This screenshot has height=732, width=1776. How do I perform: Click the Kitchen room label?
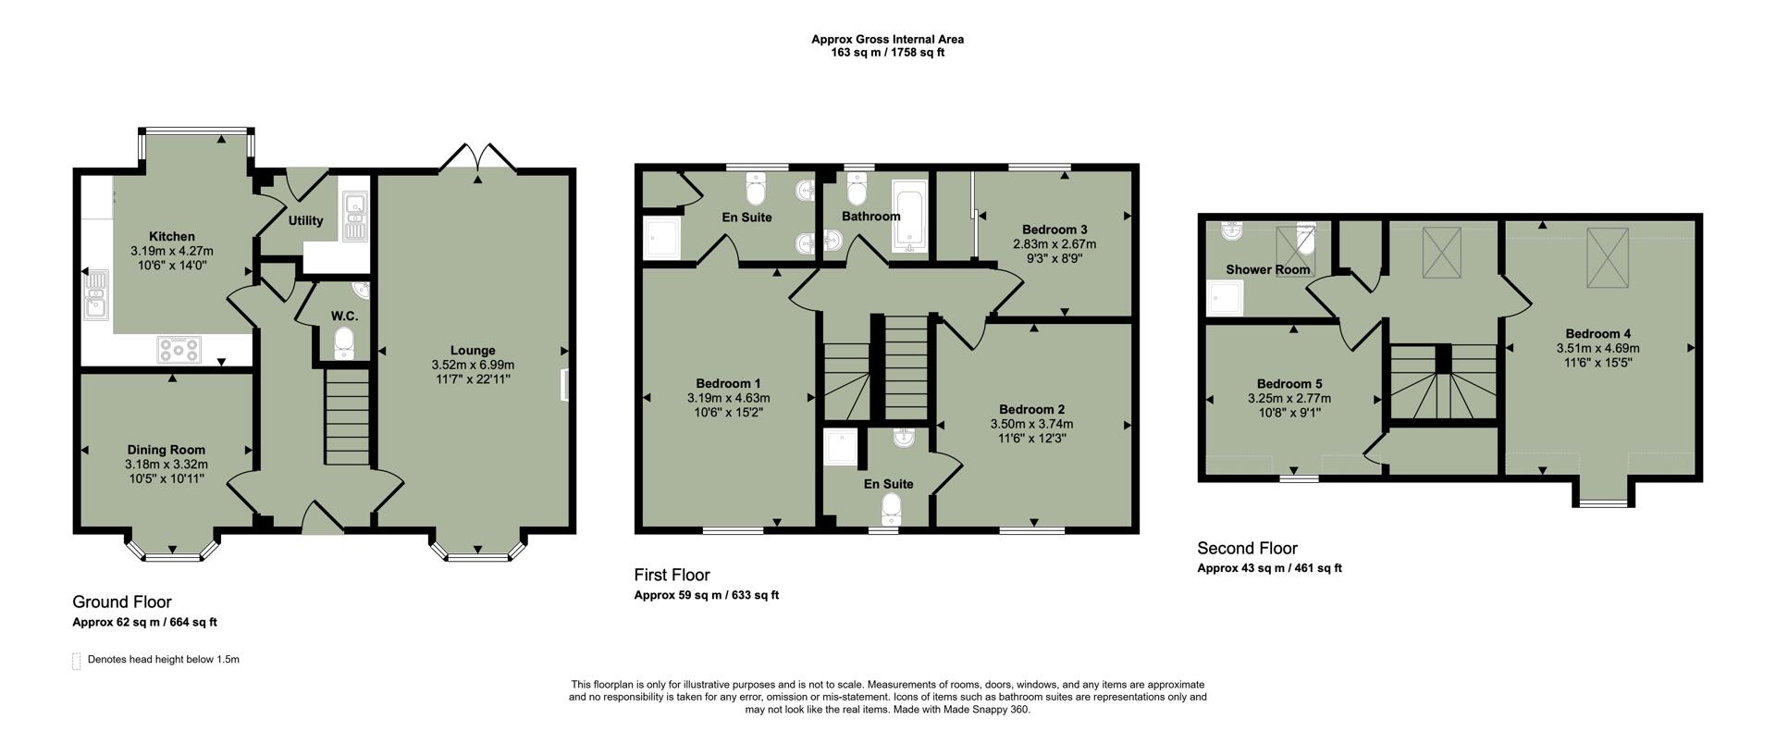(x=171, y=237)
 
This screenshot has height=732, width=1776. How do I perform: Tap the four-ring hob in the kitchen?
(x=179, y=350)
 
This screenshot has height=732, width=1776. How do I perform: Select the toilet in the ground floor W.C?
(x=344, y=343)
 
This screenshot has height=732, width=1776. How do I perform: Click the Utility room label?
(x=305, y=220)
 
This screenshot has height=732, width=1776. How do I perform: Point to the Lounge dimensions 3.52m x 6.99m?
(x=473, y=365)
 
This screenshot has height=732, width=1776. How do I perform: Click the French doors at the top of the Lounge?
(x=477, y=158)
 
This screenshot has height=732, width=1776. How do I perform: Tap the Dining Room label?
(x=166, y=450)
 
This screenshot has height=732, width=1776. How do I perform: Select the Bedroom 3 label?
(x=1054, y=230)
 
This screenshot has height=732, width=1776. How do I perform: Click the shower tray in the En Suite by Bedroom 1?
(x=661, y=239)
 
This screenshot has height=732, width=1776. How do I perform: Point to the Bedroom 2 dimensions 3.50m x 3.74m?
(x=1031, y=424)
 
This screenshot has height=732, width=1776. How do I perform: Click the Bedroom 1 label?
(x=728, y=383)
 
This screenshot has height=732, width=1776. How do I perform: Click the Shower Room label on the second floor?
(x=1267, y=269)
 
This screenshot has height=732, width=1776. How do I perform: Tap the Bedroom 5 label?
(x=1289, y=384)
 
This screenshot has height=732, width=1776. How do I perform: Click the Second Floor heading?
(x=1247, y=548)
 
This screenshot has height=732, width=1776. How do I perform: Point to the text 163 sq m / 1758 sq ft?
(x=887, y=53)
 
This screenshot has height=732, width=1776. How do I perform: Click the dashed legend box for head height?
(x=77, y=661)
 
